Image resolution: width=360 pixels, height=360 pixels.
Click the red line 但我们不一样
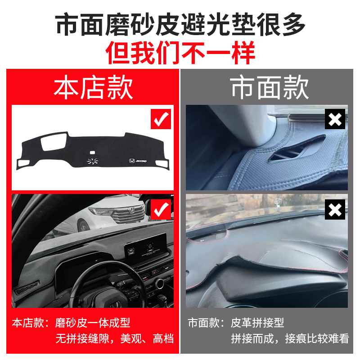pyautogui.click(x=180, y=52)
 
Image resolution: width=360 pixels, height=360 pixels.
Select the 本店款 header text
pyautogui.click(x=93, y=87)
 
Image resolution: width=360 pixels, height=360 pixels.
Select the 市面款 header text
pyautogui.click(x=270, y=87)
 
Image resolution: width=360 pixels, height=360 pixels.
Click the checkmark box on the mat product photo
pyautogui.click(x=161, y=119)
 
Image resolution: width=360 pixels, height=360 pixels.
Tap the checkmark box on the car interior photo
pyautogui.click(x=161, y=208)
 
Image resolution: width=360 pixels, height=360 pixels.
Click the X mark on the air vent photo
pyautogui.click(x=335, y=119)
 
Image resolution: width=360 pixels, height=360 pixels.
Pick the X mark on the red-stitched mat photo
pyautogui.click(x=335, y=209)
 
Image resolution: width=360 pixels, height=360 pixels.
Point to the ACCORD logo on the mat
pyautogui.click(x=138, y=161)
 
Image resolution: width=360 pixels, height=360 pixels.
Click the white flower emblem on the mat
pyautogui.click(x=93, y=162)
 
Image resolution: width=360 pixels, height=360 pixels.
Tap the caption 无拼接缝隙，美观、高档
pyautogui.click(x=114, y=338)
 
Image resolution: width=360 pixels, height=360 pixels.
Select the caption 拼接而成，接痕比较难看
pyautogui.click(x=290, y=338)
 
